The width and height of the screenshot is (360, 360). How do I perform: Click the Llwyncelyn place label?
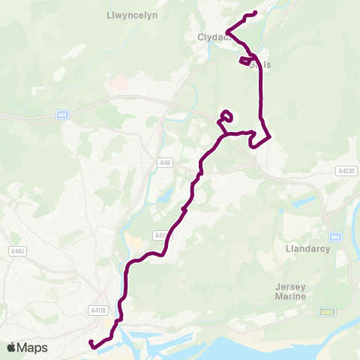tap(132, 14)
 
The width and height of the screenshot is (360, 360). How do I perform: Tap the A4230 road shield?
tap(346, 171)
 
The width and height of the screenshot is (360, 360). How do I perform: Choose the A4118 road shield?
tap(97, 310)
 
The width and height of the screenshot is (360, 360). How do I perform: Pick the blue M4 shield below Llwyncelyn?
tap(62, 115)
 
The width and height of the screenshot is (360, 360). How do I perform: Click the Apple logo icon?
tap(11, 347)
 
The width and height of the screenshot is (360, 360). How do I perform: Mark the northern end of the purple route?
tap(256, 13)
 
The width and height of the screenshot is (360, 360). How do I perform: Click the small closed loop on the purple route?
tap(226, 115)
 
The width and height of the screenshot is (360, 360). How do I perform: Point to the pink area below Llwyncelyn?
tap(118, 82)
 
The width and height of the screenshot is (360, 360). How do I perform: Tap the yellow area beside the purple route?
tap(136, 242)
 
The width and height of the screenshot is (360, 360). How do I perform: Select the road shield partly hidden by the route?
tap(160, 235)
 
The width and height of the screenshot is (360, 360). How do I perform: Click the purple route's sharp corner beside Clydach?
tap(227, 31)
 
